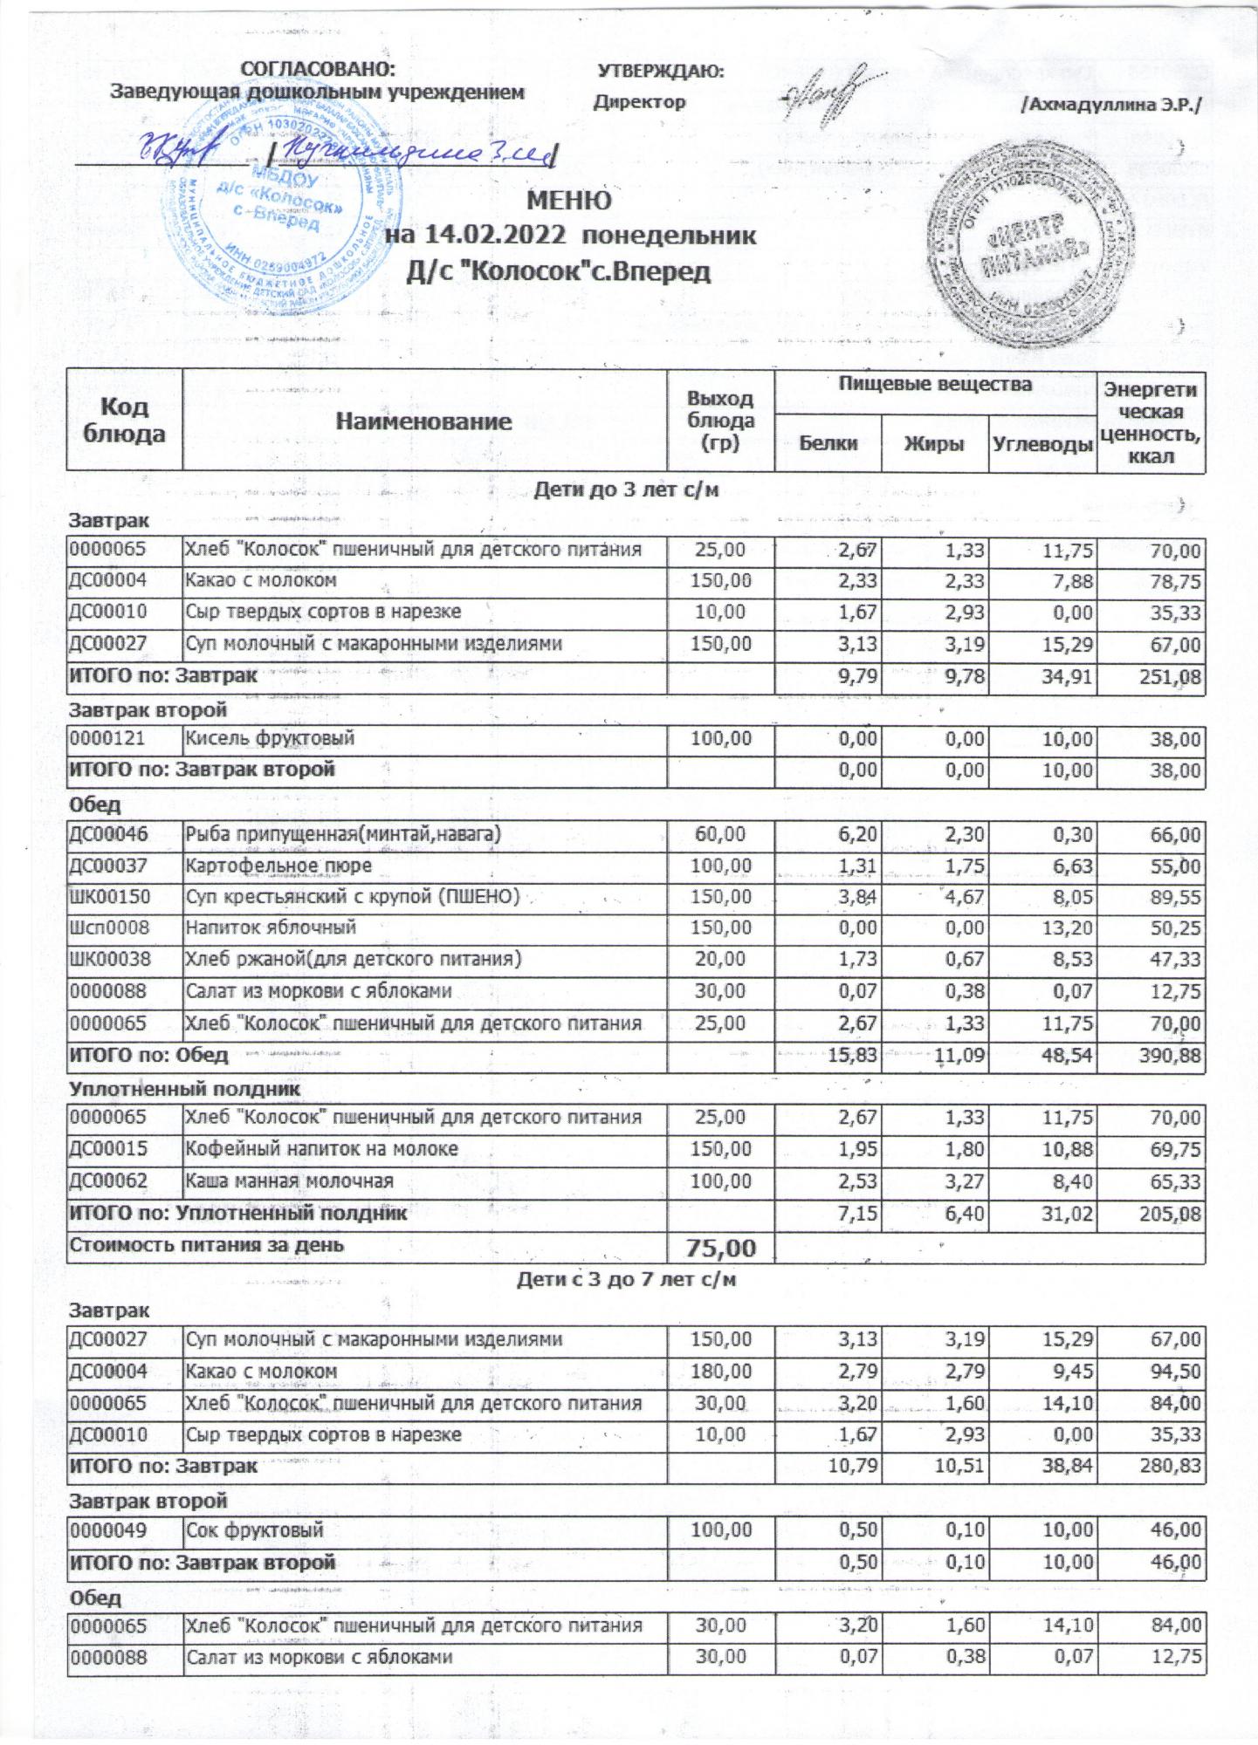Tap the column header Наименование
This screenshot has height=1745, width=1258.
423,422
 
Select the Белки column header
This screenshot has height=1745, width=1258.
828,443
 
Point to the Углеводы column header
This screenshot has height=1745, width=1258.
1042,444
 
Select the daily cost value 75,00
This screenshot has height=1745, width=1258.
720,1249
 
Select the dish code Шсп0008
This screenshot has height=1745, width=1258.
106,928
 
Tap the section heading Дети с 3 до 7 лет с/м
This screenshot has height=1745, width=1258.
626,1280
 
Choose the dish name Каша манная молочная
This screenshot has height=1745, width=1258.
289,1181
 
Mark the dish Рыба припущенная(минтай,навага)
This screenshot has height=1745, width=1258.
343,834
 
